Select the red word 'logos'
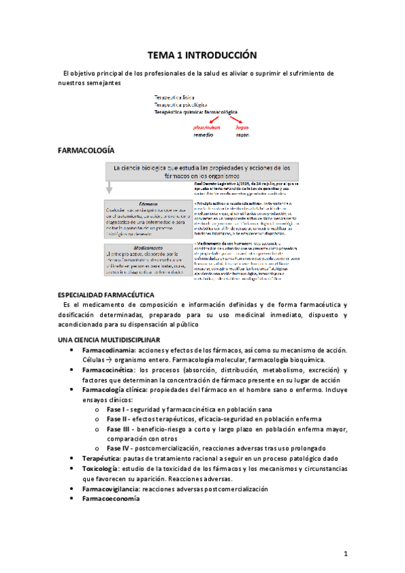242,126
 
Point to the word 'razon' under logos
242,134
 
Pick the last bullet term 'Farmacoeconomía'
110,499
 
